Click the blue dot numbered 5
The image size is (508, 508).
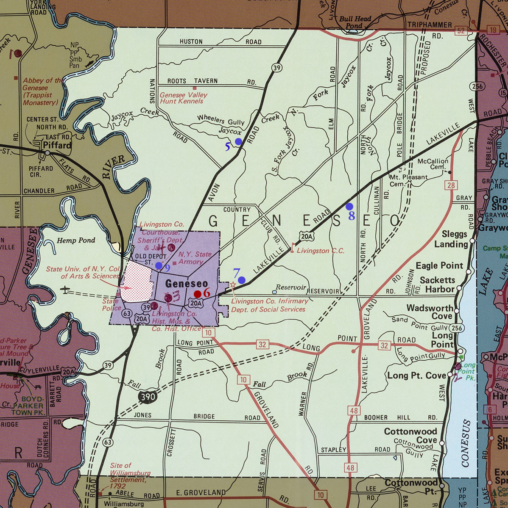tap(238, 141)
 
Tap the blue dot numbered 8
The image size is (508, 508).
tap(349, 207)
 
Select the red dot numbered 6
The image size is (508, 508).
tap(197, 294)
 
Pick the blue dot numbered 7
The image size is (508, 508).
tap(241, 280)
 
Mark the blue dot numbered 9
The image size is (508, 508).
tap(159, 265)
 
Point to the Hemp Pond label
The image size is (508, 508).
tap(76, 240)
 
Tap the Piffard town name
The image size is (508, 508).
tap(57, 145)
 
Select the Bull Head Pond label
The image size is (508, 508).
tap(354, 22)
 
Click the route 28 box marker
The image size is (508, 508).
tap(450, 185)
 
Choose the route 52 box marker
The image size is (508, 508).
tap(461, 30)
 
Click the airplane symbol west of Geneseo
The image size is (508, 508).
tap(64, 290)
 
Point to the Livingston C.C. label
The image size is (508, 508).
tap(320, 251)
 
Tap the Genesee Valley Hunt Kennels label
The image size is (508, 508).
tap(183, 98)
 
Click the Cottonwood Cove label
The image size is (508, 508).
tap(410, 436)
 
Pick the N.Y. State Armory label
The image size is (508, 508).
tap(194, 258)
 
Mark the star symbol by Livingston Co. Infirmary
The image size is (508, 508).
tap(233, 286)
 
